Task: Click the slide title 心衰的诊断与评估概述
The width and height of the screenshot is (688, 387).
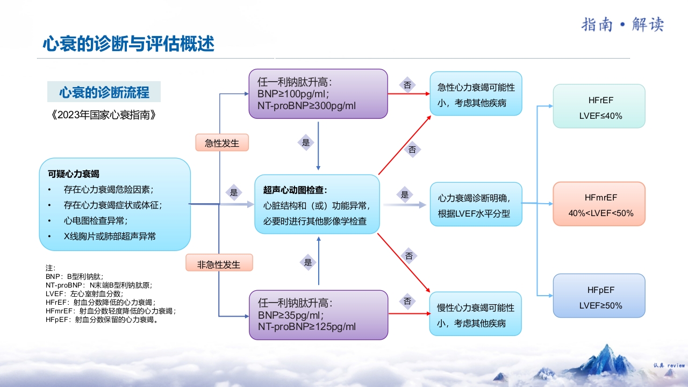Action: click(x=128, y=44)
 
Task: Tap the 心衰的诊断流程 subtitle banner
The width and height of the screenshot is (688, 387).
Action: click(x=104, y=92)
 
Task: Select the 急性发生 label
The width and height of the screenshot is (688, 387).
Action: click(x=222, y=143)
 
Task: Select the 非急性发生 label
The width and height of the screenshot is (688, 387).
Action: click(x=219, y=264)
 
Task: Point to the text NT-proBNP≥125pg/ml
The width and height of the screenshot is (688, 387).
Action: click(x=306, y=326)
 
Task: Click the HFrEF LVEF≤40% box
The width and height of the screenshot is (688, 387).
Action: click(x=599, y=106)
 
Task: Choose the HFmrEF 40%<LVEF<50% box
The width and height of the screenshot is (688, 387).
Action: click(x=599, y=204)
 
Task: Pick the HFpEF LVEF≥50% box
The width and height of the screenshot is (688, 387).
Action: click(x=599, y=296)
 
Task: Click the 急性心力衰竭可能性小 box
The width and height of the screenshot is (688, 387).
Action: click(x=476, y=95)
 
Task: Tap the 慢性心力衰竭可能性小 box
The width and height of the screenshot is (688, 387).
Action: click(x=476, y=315)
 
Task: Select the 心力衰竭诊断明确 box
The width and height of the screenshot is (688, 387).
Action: click(x=476, y=205)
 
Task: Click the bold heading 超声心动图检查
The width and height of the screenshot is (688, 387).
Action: click(x=295, y=190)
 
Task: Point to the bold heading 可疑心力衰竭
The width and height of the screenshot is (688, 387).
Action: click(x=74, y=174)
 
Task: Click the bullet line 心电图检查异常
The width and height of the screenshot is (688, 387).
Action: click(x=95, y=220)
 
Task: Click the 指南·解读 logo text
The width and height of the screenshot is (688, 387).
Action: click(x=622, y=25)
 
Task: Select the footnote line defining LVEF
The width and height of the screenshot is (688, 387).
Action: click(x=84, y=294)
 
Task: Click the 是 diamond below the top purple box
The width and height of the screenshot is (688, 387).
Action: click(x=306, y=142)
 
